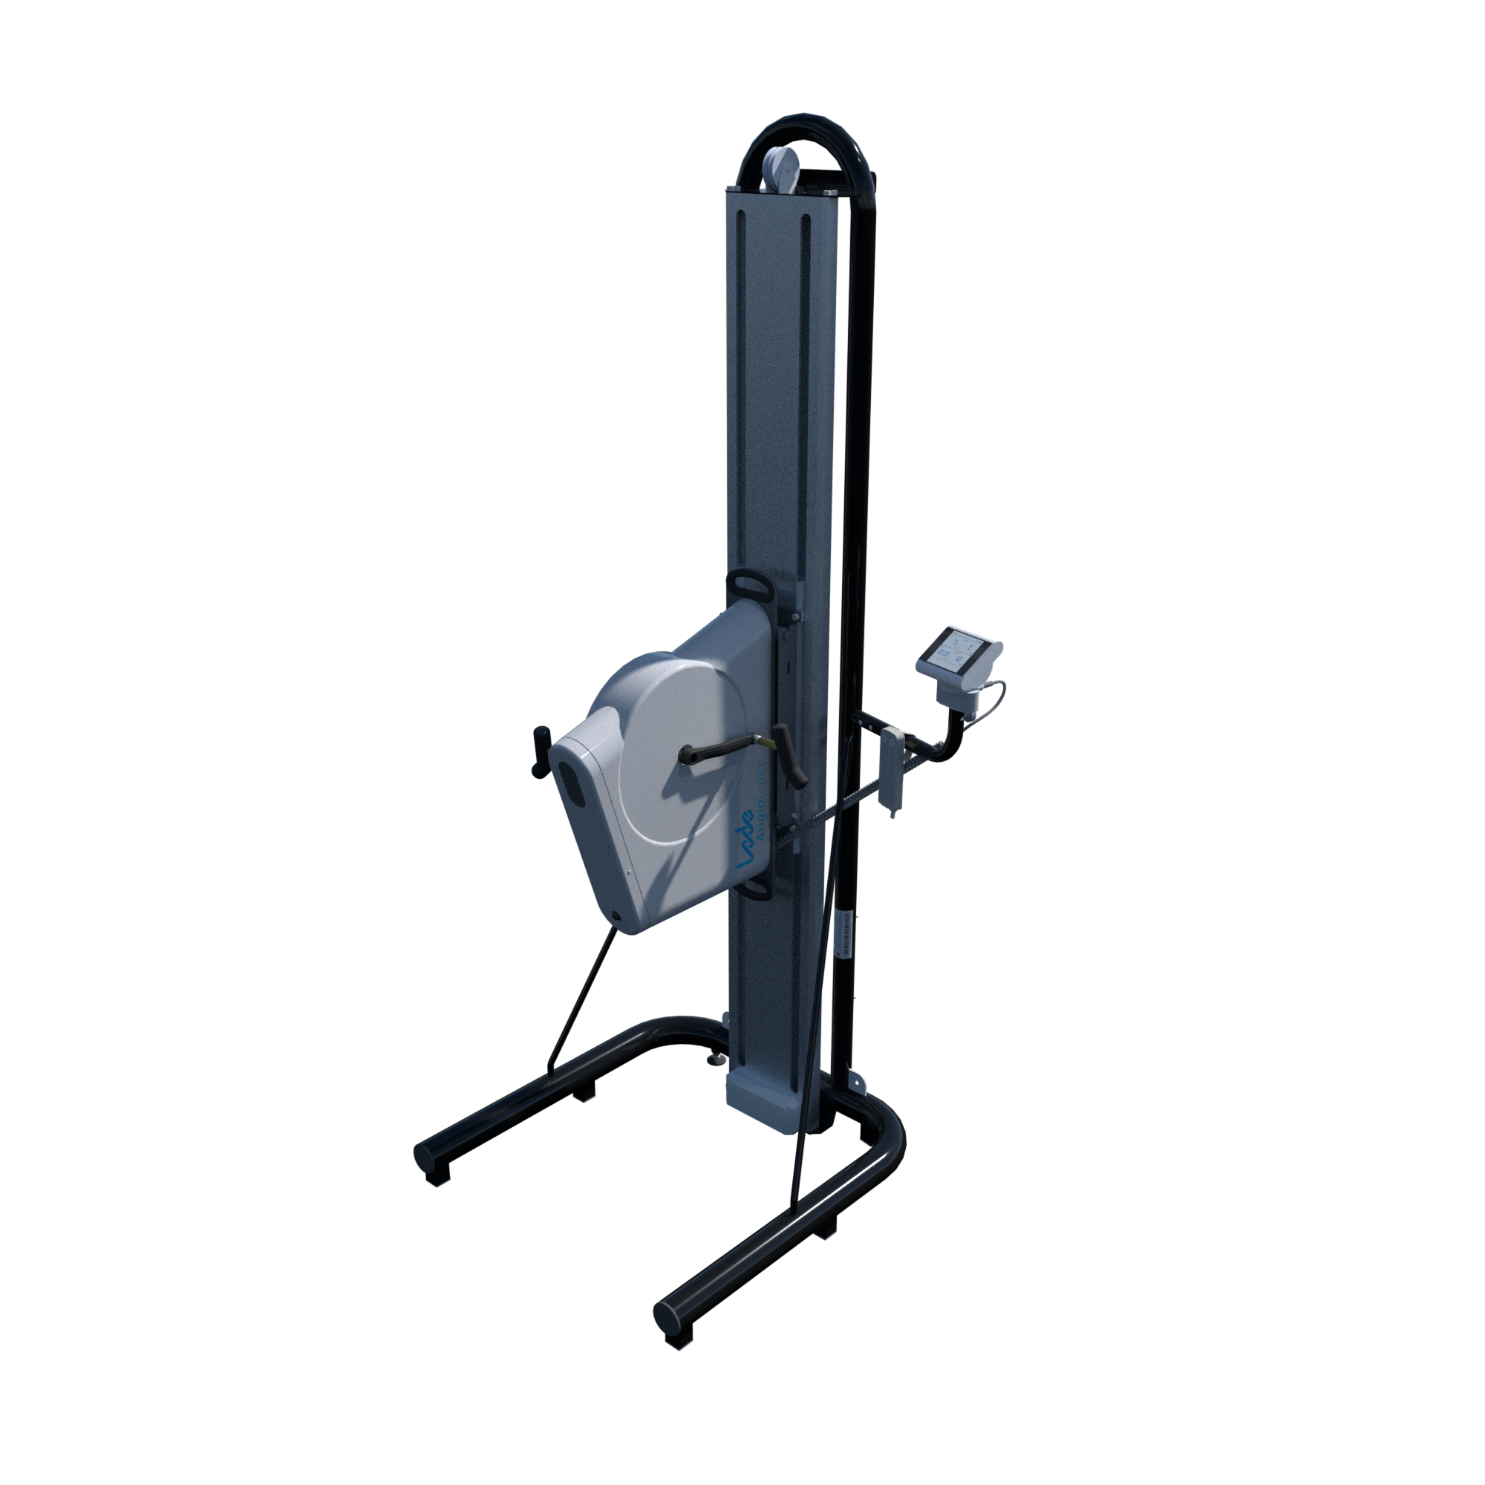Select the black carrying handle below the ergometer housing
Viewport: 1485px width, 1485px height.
[x=758, y=889]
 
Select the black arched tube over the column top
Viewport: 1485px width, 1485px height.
[x=807, y=134]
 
